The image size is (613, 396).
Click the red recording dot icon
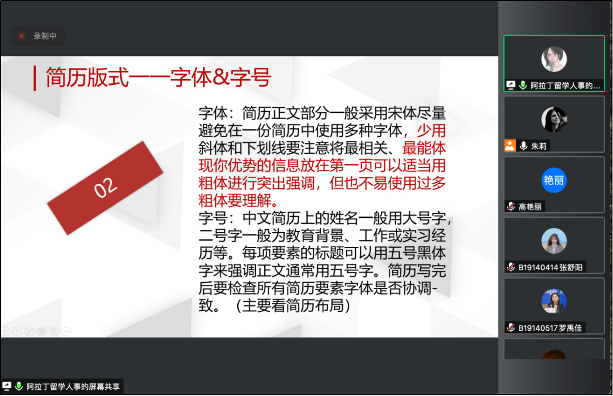pos(22,36)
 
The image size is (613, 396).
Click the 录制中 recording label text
pos(45,36)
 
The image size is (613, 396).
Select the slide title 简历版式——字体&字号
pos(158,77)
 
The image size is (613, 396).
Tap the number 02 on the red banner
pos(105,187)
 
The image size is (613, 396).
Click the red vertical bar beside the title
pos(35,78)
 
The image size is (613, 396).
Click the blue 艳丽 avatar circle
pos(554,180)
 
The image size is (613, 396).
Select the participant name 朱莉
pos(539,146)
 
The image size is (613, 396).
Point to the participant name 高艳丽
pos(530,207)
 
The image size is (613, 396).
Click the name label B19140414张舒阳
pos(550,268)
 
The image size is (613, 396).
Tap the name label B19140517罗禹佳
pos(550,328)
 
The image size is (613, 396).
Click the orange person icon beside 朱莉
pos(510,145)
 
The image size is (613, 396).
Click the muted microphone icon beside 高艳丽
pos(511,207)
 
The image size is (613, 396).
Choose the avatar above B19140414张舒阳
pos(554,241)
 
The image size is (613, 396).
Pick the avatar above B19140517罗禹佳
pos(554,301)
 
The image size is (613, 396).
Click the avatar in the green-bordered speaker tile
pos(554,59)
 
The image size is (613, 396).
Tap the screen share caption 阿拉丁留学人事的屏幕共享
pos(73,387)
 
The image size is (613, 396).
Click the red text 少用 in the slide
pos(431,130)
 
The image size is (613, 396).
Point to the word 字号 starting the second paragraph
pos(213,218)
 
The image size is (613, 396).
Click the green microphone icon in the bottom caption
pos(19,387)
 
